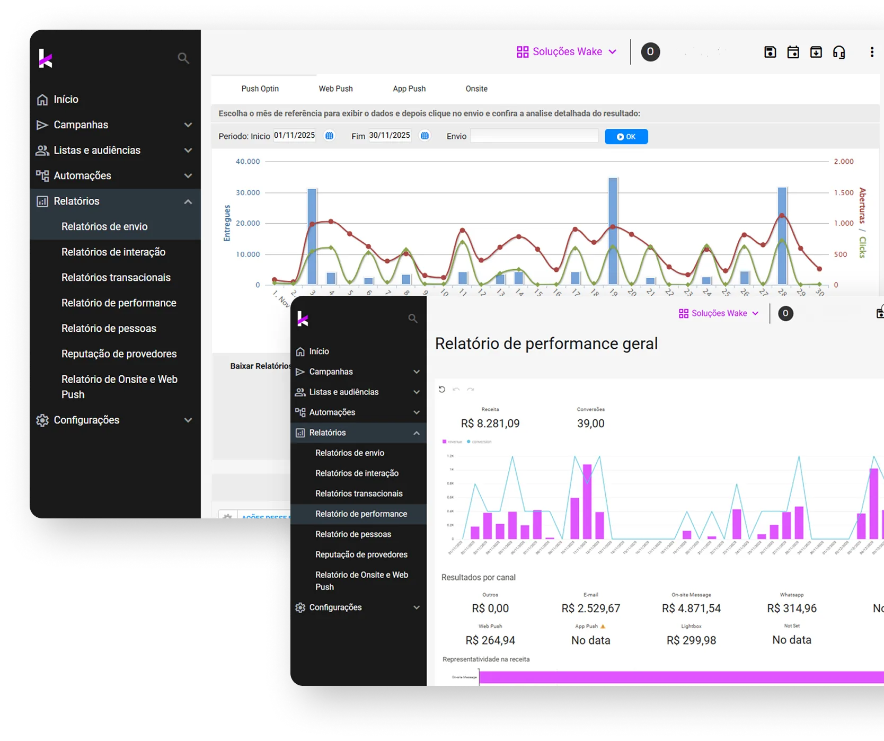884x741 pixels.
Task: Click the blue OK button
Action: [626, 137]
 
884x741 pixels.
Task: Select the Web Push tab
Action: [335, 89]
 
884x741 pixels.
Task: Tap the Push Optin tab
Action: [260, 89]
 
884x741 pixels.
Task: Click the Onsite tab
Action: [476, 89]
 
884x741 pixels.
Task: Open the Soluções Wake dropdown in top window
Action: [567, 51]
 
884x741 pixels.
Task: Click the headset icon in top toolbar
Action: [839, 52]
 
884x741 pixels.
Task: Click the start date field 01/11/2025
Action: [295, 136]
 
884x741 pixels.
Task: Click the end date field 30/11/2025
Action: [390, 136]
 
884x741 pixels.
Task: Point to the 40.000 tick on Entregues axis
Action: [247, 162]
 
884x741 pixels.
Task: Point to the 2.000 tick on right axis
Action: [844, 162]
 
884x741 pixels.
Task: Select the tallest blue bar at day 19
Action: [613, 231]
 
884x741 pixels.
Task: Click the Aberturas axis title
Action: [863, 205]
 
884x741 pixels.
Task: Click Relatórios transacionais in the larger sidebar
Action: [116, 277]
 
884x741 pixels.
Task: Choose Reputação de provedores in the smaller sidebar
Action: [361, 554]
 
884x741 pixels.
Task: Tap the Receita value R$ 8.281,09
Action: [490, 424]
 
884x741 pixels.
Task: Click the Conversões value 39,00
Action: [590, 424]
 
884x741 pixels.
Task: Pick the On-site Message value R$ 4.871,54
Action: [691, 608]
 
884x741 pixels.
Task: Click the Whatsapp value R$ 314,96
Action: [791, 608]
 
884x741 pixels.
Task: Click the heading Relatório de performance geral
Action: [546, 343]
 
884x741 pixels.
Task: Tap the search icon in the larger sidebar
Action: [183, 58]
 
